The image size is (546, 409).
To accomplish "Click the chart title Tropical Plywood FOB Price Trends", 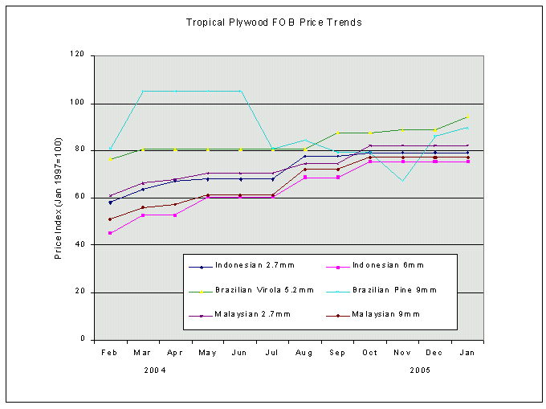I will click(x=274, y=22).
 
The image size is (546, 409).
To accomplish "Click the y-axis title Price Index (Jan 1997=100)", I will click(x=59, y=196).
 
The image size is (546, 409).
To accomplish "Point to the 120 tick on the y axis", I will click(x=78, y=55).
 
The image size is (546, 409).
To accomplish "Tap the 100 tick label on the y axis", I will click(x=78, y=104).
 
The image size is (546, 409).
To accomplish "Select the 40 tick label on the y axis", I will click(x=80, y=245).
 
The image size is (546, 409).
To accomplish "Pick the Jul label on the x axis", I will click(x=272, y=352).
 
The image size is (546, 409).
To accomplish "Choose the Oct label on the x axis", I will click(x=370, y=352).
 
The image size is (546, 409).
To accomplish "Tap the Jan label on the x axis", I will click(x=467, y=352).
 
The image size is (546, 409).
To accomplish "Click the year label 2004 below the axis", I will click(x=156, y=370).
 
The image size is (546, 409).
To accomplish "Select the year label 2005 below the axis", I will click(x=419, y=370).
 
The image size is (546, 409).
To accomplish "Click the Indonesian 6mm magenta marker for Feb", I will click(x=110, y=233).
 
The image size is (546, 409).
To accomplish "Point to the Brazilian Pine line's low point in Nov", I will click(x=402, y=181).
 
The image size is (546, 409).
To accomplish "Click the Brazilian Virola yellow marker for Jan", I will click(x=467, y=116).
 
